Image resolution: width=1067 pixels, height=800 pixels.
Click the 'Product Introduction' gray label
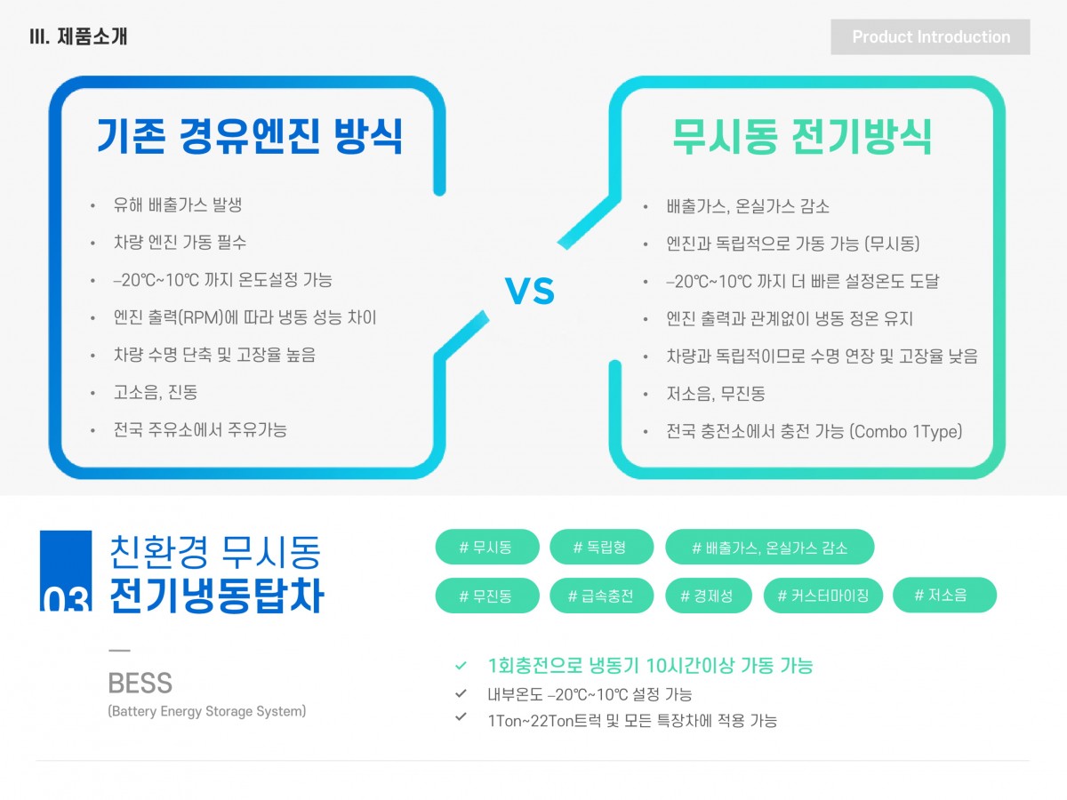tap(930, 37)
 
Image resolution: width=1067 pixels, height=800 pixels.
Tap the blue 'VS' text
tap(529, 291)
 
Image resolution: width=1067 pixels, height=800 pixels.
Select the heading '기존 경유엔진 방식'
tap(251, 136)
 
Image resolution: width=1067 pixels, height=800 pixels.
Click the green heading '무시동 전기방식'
tap(803, 137)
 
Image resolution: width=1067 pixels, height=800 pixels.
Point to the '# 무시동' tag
tap(487, 547)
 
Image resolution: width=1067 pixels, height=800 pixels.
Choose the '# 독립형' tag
tap(601, 547)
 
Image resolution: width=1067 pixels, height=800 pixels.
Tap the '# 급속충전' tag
tap(601, 596)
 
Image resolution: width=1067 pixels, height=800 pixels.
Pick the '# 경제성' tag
tap(709, 596)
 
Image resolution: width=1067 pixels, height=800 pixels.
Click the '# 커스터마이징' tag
tap(823, 596)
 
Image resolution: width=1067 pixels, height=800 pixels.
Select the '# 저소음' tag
tap(944, 595)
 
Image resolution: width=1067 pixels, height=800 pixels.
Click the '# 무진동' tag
tap(487, 596)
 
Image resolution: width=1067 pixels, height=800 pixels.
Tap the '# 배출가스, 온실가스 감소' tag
tap(769, 547)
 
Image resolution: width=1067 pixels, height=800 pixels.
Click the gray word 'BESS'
tap(140, 683)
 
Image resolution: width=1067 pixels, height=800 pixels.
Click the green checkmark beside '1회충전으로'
tap(461, 666)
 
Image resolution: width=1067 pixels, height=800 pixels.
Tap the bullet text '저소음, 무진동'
tap(716, 394)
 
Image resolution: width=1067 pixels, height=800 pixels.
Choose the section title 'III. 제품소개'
tap(79, 36)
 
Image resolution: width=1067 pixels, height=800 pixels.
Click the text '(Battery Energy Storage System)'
tap(206, 711)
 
